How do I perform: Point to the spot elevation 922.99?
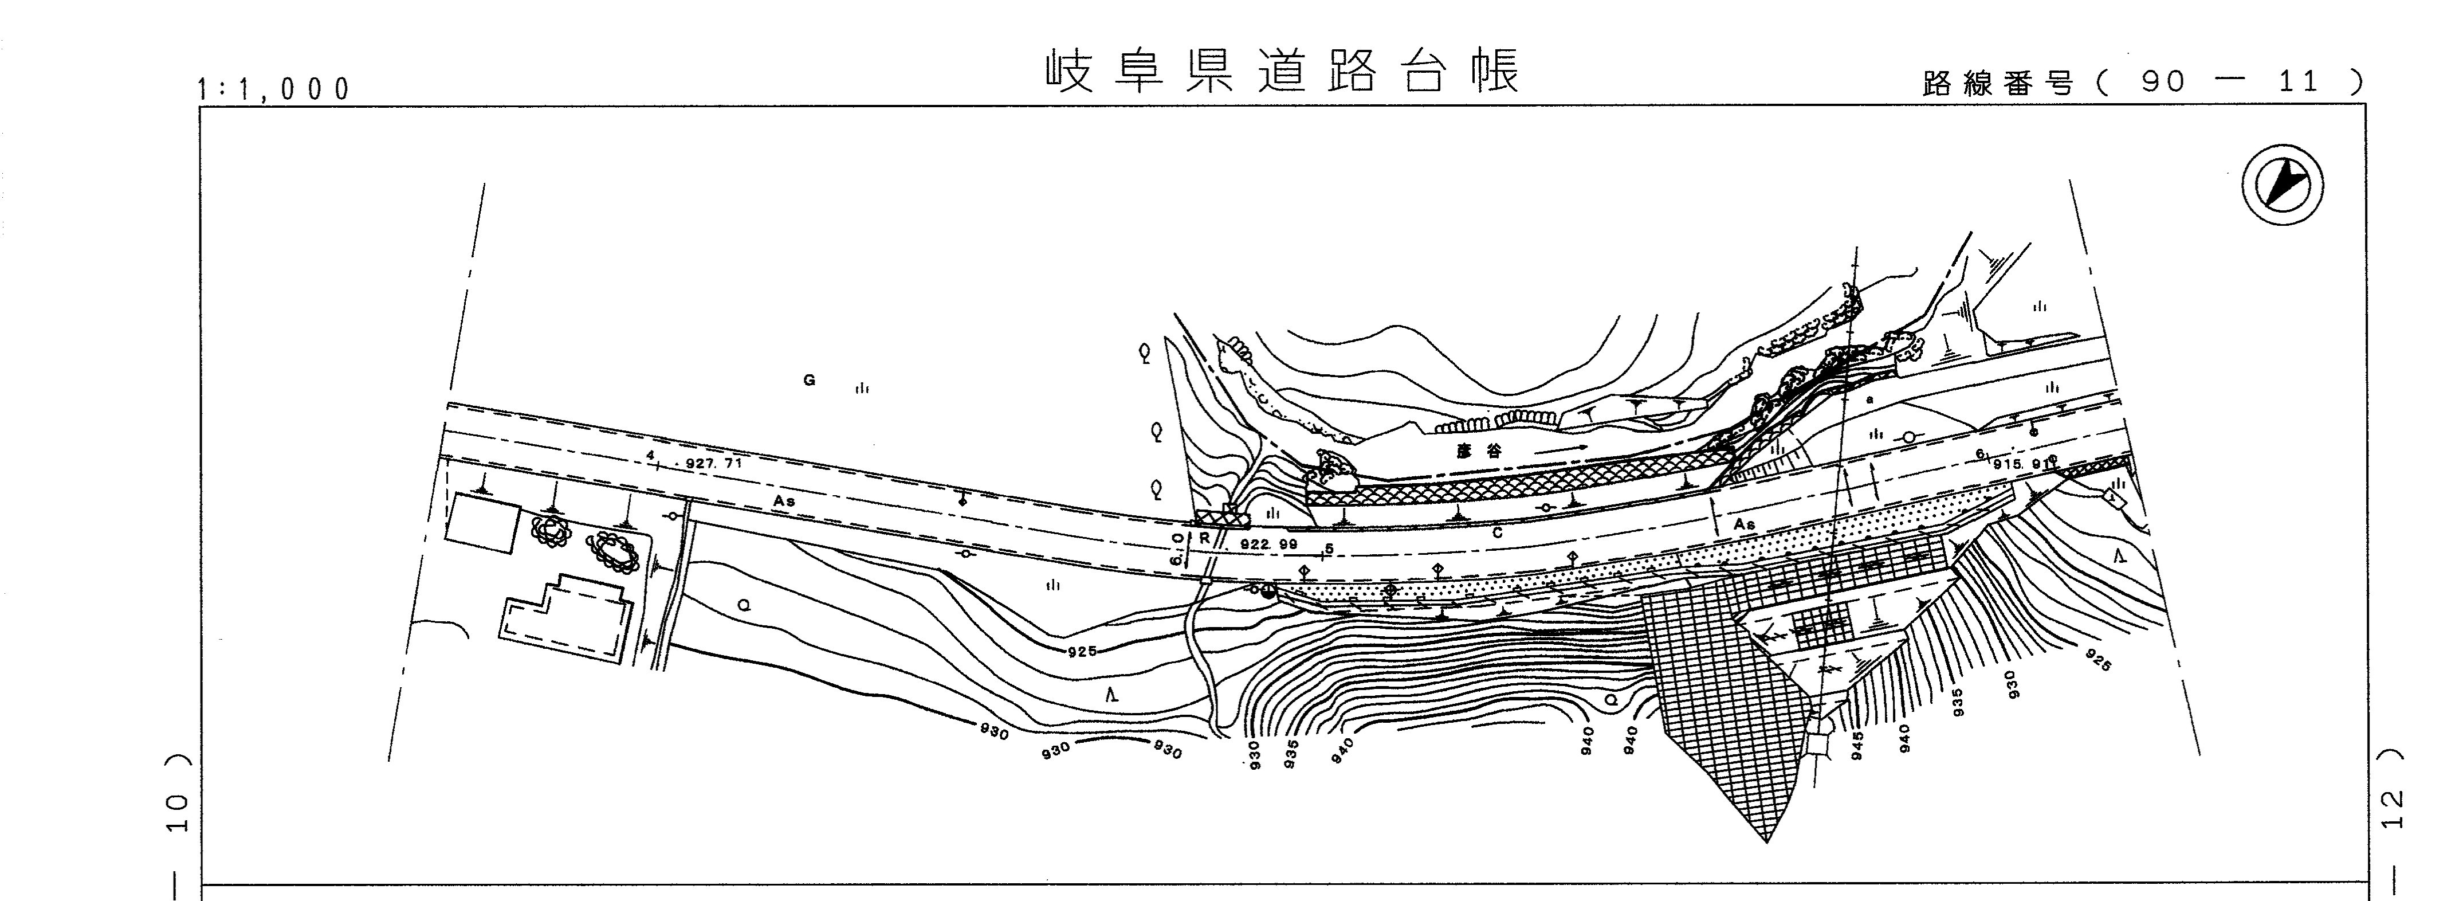(1269, 544)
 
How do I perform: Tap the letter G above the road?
(809, 381)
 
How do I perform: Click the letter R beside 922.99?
(1205, 539)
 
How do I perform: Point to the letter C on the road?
(1496, 534)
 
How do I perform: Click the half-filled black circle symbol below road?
(1268, 591)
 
